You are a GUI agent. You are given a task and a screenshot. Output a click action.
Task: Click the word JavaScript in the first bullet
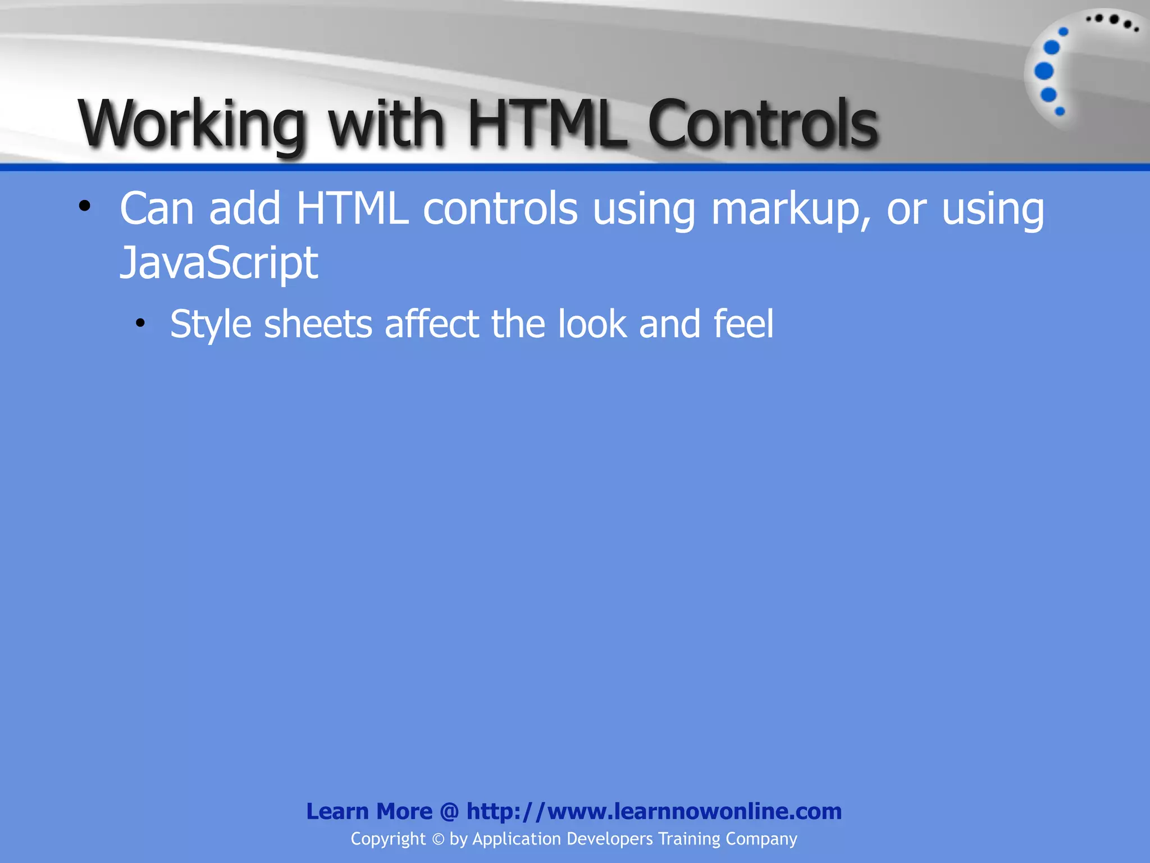tap(218, 263)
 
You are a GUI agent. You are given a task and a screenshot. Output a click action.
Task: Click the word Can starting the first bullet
tap(157, 209)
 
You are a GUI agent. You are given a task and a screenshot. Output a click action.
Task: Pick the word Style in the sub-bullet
tap(211, 324)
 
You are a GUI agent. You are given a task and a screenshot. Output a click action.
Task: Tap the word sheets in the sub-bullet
tap(318, 324)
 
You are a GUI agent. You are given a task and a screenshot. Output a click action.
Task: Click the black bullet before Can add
tap(84, 206)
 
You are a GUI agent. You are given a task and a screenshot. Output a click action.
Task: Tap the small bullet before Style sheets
tap(140, 323)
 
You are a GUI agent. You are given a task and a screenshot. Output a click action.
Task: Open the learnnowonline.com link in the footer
tap(654, 811)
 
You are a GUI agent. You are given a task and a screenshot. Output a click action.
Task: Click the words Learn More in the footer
tap(369, 811)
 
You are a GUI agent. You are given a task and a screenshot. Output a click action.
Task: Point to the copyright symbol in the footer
tap(438, 839)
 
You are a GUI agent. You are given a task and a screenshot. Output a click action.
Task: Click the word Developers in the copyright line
tap(610, 839)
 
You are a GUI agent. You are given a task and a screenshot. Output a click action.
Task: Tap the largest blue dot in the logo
tap(1044, 71)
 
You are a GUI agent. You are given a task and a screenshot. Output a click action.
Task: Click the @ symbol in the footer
tap(449, 812)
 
